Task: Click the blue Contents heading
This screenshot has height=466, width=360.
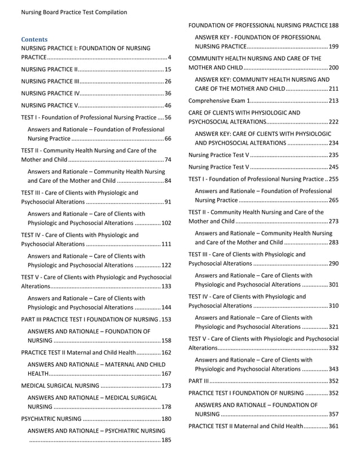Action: point(34,39)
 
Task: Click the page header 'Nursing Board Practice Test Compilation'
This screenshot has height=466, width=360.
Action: point(74,12)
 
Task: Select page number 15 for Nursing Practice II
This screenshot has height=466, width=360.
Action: point(168,69)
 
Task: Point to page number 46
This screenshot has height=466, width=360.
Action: point(168,105)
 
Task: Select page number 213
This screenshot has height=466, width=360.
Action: point(333,100)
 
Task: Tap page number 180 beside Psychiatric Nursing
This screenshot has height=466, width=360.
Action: point(166,419)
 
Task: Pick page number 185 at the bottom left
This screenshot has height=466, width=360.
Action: point(166,440)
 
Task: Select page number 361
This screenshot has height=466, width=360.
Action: point(333,426)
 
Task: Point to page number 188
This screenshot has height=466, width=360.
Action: point(333,25)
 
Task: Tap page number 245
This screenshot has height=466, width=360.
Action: point(333,167)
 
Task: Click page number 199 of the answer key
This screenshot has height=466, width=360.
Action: point(333,46)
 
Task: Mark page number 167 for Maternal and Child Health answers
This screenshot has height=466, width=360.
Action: point(166,373)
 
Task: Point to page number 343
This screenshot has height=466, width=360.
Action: point(333,369)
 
